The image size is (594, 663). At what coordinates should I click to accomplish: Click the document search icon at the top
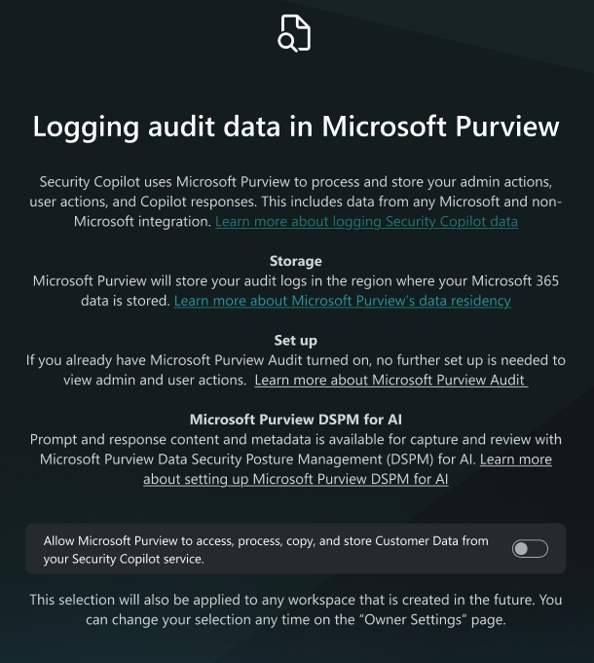coord(294,33)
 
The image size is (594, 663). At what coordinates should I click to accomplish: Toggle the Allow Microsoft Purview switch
coord(530,549)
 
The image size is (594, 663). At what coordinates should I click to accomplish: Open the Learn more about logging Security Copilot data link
coord(366,221)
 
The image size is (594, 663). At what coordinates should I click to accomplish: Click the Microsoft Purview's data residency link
coord(342,301)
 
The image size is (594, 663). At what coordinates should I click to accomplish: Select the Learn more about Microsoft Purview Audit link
coord(390,380)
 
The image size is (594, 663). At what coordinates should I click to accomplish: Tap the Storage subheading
coord(296,261)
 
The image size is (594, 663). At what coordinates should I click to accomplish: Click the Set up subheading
coord(296,341)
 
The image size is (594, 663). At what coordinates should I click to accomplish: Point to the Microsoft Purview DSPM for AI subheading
coord(296,420)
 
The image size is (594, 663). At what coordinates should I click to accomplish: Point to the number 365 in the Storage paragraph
coord(547,280)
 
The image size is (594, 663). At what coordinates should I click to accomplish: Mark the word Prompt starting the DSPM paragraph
coord(55,440)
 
